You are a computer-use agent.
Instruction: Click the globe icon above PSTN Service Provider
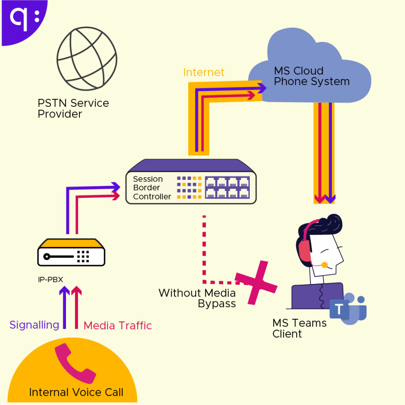point(87,59)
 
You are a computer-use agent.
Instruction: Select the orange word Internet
point(204,72)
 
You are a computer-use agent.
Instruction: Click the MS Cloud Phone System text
point(312,76)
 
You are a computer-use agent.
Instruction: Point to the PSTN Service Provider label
point(73,108)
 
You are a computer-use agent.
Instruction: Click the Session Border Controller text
point(152,188)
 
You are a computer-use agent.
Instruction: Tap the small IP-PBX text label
point(50,280)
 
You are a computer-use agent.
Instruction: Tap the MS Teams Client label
point(299,328)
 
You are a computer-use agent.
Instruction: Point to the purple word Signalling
point(34,325)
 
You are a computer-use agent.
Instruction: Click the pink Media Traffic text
point(118,326)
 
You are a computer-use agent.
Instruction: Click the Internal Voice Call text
point(76,392)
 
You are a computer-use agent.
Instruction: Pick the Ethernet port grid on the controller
point(227,187)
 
